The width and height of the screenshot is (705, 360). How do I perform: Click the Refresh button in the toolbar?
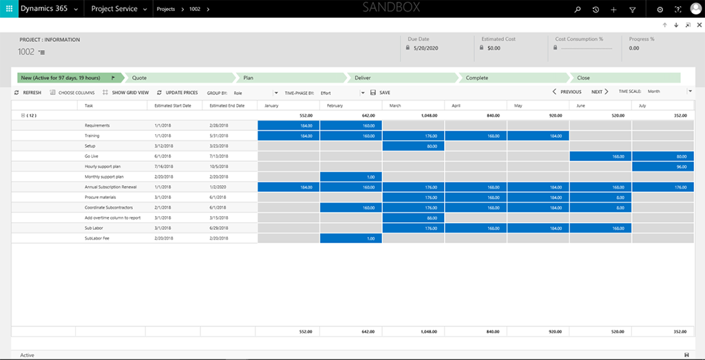pos(28,92)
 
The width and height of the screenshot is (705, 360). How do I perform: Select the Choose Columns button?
pos(72,92)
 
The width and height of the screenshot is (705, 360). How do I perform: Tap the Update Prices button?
pos(178,92)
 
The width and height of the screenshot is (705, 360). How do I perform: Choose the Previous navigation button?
pos(567,92)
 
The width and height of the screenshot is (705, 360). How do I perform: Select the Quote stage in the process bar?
pos(140,78)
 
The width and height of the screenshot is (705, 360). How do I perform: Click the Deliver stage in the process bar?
pos(363,78)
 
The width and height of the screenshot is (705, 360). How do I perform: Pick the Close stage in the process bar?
pos(583,78)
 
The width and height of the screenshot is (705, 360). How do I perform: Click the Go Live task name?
pos(93,156)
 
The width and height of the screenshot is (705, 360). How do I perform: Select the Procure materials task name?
pos(100,197)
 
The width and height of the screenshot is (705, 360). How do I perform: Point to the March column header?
pos(395,105)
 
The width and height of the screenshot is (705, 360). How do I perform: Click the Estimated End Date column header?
pos(227,105)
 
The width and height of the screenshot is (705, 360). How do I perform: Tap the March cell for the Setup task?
pos(413,146)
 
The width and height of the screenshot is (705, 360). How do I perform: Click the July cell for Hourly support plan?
pos(662,167)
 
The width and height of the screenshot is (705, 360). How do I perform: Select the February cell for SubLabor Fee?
pos(350,238)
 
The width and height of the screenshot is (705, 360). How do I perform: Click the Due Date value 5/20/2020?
pos(426,48)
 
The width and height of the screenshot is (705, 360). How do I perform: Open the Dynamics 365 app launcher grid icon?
pos(9,9)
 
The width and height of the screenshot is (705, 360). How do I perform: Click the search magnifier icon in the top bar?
pos(577,10)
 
